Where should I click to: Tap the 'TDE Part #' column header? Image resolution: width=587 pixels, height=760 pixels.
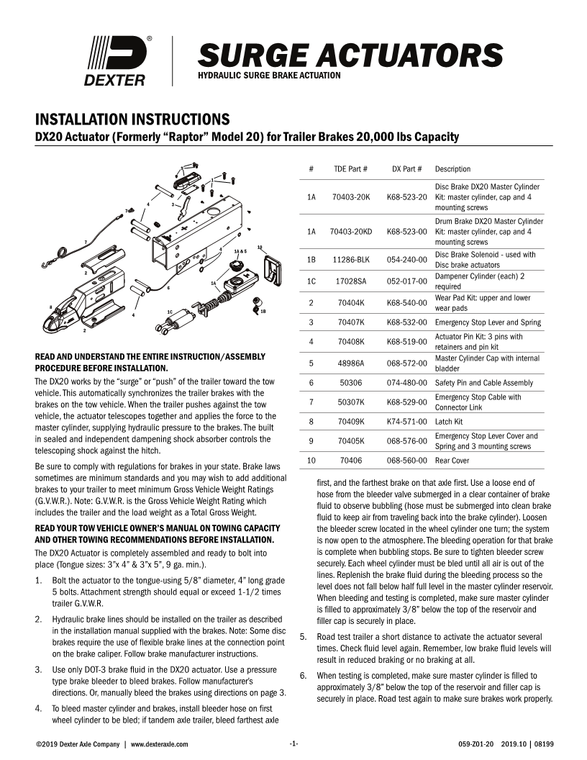click(351, 169)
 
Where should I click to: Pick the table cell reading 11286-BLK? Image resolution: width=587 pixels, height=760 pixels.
click(351, 260)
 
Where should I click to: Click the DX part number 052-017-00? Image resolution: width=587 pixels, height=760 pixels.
click(407, 281)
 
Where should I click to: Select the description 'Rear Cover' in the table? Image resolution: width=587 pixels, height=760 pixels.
click(452, 460)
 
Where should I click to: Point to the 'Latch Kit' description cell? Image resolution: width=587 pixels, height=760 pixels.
click(450, 422)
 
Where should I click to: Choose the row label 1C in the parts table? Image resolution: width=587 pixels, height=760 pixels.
click(311, 281)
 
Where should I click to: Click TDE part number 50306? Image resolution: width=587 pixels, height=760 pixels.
click(351, 383)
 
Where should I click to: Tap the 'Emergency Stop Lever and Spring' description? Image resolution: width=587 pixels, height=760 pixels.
click(486, 322)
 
